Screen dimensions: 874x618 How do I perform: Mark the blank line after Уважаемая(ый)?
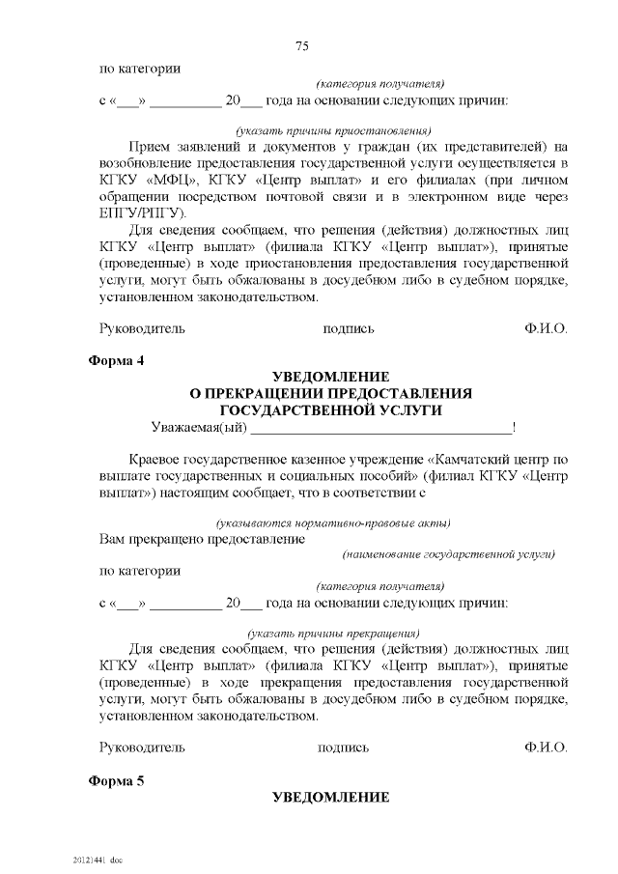tap(382, 429)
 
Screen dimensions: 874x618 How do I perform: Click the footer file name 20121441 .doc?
tap(97, 859)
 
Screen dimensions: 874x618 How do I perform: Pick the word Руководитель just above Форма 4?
tap(142, 328)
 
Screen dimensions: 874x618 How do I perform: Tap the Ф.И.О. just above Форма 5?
tap(546, 747)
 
